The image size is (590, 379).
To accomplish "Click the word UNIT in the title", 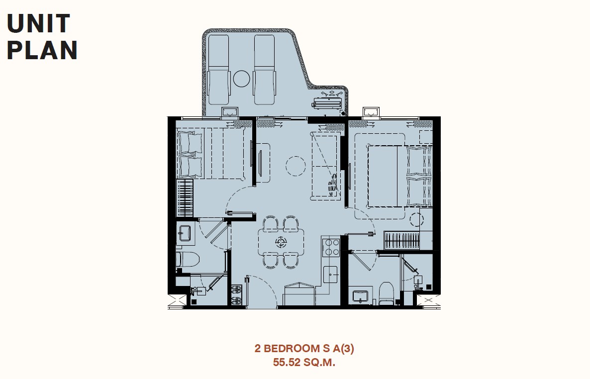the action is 38,23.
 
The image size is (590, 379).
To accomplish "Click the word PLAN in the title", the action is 42,50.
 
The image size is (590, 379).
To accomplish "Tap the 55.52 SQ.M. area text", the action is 304,363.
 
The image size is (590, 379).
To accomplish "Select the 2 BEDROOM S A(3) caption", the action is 304,348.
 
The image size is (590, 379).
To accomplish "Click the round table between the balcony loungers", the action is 242,79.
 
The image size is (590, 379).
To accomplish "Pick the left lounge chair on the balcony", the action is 218,70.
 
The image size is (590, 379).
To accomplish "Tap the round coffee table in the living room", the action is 295,166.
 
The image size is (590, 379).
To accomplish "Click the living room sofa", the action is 326,166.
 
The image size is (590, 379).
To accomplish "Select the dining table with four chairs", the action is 281,242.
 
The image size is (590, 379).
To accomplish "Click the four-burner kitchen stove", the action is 331,247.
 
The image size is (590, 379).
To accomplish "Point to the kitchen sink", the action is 331,275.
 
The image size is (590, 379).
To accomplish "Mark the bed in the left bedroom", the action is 211,153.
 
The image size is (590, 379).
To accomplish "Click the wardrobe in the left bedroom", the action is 185,198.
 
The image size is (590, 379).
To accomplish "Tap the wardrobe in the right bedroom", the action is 402,241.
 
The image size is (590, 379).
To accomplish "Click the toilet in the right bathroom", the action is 386,293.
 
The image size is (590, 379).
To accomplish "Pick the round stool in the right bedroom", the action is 416,219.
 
